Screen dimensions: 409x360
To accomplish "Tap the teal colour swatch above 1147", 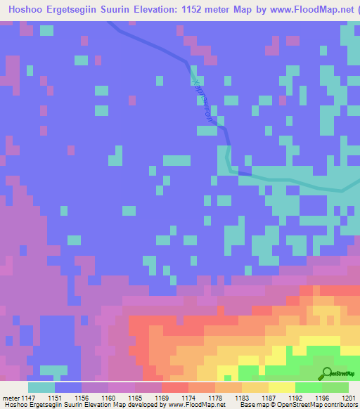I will coord(41,387).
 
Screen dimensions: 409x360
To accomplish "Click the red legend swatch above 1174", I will coord(175,387).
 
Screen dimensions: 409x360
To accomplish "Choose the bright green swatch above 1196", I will coord(309,387).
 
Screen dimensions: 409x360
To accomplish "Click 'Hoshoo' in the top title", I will coord(22,10).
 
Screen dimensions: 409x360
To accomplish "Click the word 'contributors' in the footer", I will coord(342,405).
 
